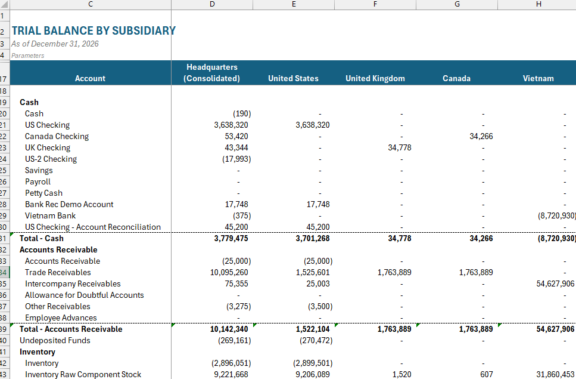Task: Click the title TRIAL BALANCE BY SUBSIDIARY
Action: pos(94,30)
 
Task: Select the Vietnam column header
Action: pos(538,78)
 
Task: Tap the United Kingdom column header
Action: pos(375,78)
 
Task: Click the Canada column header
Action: pos(456,78)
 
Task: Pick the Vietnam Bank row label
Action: pos(50,215)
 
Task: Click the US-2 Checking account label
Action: pos(51,159)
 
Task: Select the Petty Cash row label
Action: pos(43,193)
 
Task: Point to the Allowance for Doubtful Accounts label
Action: pos(84,295)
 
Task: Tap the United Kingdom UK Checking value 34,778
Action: pos(399,147)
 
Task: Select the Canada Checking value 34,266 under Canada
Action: pos(481,136)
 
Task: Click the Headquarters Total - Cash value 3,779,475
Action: pos(231,238)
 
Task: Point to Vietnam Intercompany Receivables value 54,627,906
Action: pos(555,284)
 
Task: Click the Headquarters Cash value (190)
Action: pos(241,113)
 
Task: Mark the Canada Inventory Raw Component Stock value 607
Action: pos(486,374)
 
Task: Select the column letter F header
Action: pos(375,5)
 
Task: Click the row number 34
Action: pos(4,272)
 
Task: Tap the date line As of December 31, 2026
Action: pos(55,44)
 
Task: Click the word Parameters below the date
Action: pos(27,56)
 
